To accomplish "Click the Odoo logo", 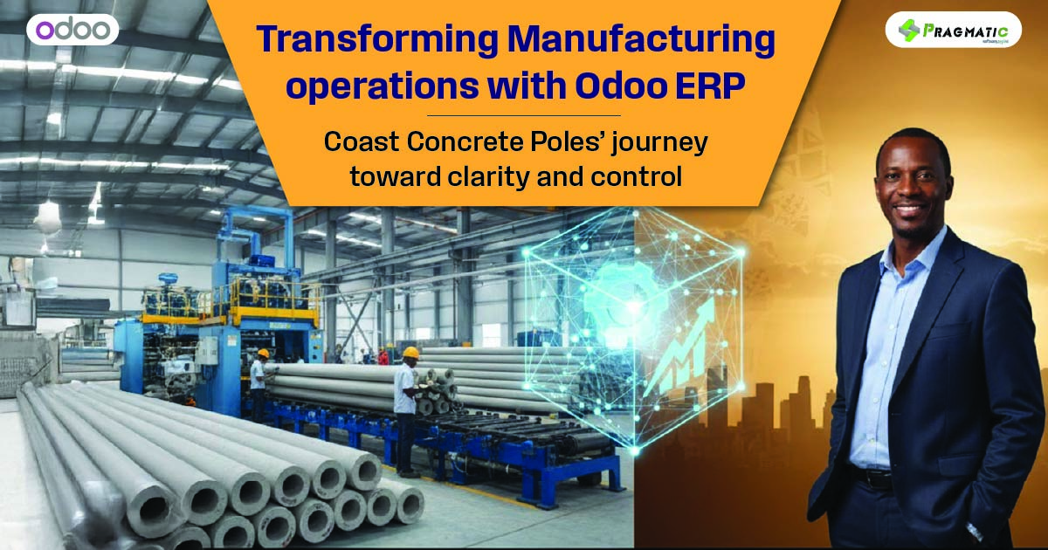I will point(72,29).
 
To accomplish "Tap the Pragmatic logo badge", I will point(952,30).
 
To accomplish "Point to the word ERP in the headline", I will point(724,87).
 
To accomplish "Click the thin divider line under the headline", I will point(524,115).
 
